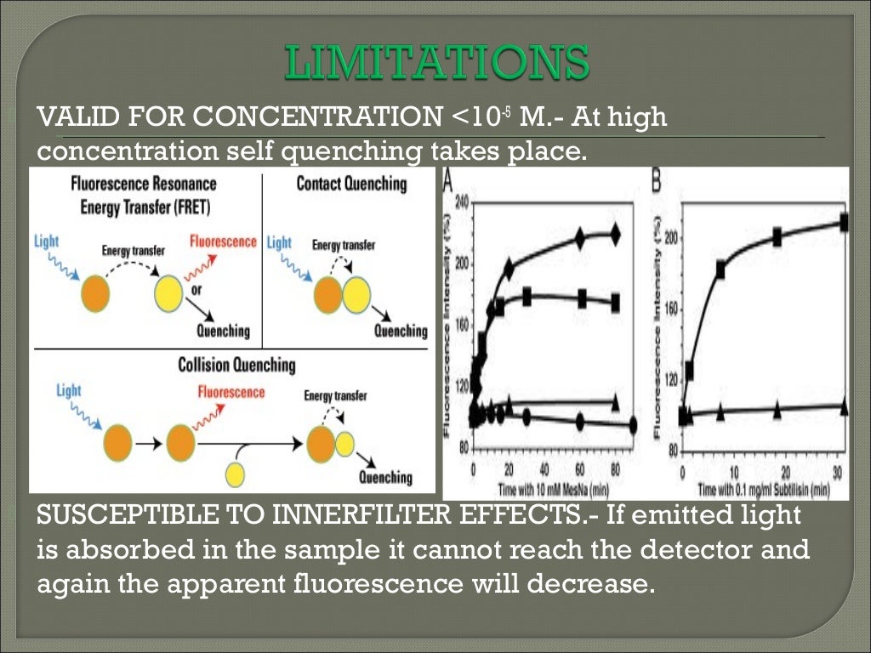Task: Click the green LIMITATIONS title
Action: [435, 65]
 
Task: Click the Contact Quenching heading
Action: [351, 184]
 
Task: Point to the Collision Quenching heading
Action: [236, 366]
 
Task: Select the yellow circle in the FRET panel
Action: [169, 295]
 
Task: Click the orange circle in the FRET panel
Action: [96, 295]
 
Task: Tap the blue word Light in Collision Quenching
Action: [69, 391]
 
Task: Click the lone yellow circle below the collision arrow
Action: [235, 474]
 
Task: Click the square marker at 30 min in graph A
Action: [527, 297]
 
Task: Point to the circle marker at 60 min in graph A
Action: [580, 421]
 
